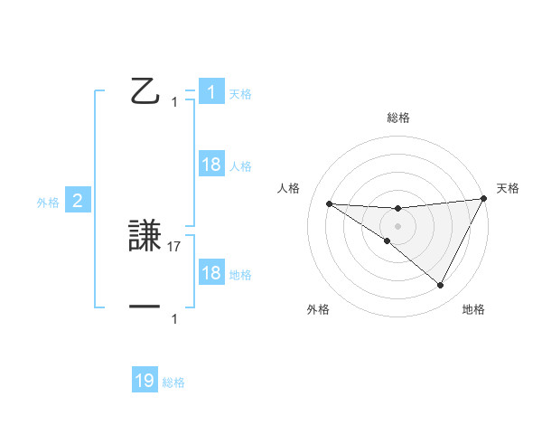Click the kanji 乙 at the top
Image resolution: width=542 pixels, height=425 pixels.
click(x=145, y=91)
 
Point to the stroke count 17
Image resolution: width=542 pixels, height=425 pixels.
click(x=175, y=246)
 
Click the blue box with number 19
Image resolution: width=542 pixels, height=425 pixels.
click(x=145, y=381)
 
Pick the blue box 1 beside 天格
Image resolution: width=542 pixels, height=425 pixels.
click(x=211, y=92)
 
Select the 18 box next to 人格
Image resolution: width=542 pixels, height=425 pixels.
click(x=211, y=165)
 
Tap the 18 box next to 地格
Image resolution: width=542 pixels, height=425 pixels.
click(x=211, y=273)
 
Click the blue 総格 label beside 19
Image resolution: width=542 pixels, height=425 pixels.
click(x=173, y=383)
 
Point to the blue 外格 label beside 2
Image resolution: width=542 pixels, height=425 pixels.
click(x=48, y=203)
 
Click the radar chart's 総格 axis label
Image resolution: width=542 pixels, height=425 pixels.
click(x=397, y=118)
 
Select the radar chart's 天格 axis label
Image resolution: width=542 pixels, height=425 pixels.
click(x=508, y=188)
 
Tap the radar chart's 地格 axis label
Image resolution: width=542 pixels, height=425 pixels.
click(x=473, y=309)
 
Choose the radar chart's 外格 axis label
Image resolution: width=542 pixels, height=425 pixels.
click(x=318, y=309)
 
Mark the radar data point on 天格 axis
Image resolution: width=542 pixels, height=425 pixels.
click(x=483, y=199)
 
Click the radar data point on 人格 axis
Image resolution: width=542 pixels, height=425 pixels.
click(x=329, y=203)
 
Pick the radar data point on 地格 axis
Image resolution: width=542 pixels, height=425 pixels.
click(x=441, y=286)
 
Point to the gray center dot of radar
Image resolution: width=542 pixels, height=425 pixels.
click(x=397, y=225)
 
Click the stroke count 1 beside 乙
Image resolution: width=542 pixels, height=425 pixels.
click(x=174, y=102)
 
